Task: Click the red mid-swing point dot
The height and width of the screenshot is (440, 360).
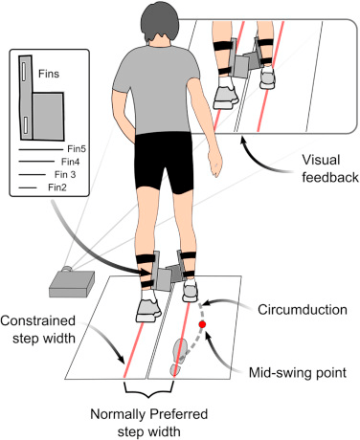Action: pos(202,324)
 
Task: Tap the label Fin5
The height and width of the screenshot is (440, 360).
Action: pos(77,149)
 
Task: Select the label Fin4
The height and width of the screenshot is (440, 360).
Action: pos(71,162)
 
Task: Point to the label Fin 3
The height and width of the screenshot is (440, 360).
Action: pos(65,174)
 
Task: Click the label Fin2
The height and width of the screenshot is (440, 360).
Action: pos(57,187)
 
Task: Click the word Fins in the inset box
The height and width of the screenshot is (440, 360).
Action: pos(49,74)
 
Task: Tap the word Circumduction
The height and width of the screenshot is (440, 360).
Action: pos(303,310)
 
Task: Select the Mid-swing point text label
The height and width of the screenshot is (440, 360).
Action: pos(298,372)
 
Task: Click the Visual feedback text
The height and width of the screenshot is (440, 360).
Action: pos(330,168)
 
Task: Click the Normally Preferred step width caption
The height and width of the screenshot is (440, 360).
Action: pos(149,423)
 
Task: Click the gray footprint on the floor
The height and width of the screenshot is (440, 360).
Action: pos(179,357)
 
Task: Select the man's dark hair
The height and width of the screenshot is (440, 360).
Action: pos(160,22)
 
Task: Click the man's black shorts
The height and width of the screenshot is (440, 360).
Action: pos(164,163)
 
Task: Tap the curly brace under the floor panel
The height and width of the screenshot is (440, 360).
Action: pos(148,389)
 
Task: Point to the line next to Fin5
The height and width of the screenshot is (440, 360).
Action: pos(41,149)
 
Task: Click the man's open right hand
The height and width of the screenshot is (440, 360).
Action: pos(214,164)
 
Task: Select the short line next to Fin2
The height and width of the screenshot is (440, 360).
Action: pos(28,187)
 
